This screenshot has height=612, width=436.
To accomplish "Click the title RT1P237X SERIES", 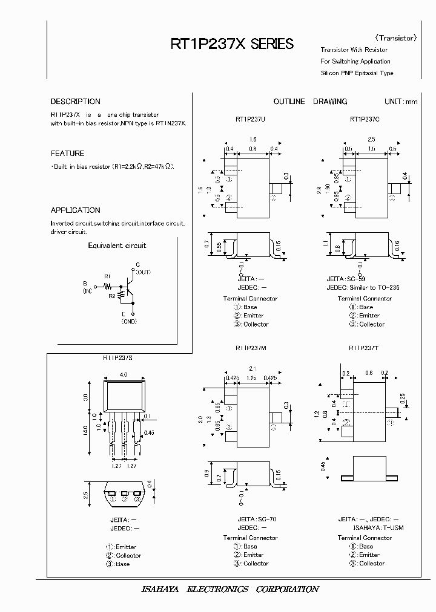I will coord(233,44).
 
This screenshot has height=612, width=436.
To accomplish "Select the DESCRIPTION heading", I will coord(75,102).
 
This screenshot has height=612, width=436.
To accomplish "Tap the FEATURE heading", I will coord(67,154).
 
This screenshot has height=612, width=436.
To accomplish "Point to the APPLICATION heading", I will coord(75,210).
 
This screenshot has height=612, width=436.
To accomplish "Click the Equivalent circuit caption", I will coord(117,246).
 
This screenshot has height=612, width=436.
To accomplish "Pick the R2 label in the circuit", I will coord(111,296).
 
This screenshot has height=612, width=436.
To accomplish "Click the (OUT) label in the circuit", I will coord(143,273).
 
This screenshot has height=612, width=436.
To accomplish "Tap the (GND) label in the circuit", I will coord(129,322).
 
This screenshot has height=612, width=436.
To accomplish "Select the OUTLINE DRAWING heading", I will coord(310,102).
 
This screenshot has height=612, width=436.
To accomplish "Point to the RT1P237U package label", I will coord(250,120).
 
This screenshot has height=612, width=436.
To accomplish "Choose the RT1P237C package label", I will coord(365,120).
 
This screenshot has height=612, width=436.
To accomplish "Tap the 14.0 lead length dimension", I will coord(85,429).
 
